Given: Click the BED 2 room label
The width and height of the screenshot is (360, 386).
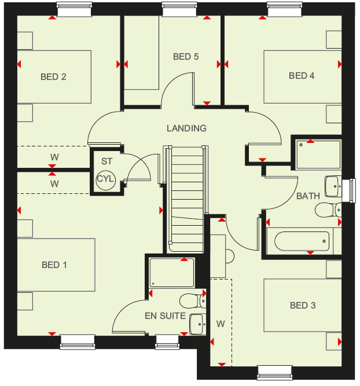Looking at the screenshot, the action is (53, 77).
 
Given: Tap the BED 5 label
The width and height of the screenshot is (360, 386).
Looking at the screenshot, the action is (186, 57).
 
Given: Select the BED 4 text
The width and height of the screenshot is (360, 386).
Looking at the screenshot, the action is (302, 76).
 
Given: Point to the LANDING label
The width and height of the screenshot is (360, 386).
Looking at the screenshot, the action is (186, 128).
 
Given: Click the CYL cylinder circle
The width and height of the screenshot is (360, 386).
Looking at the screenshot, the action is (105, 179).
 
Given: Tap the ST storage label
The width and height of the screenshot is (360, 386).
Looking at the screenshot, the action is (106, 161).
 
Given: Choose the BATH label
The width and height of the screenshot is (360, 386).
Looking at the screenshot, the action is (308, 196).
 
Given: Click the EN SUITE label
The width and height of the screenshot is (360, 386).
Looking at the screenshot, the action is (165, 316).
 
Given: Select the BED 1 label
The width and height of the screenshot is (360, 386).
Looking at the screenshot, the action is (54, 265).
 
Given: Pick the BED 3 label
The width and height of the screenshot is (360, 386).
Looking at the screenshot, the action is (303, 306).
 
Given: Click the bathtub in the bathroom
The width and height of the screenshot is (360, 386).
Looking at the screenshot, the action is (302, 241).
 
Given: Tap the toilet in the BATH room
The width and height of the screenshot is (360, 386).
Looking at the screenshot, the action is (328, 210).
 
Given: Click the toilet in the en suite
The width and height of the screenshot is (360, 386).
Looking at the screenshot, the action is (193, 301).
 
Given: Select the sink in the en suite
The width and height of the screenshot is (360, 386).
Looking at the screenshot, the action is (198, 324).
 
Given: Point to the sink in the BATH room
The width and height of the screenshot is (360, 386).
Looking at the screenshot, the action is (333, 186).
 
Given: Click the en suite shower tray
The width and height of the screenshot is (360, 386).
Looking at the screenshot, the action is (172, 273).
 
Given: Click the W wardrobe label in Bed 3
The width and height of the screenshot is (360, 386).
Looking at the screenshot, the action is (221, 324).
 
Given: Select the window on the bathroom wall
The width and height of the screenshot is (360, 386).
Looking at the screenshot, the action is (349, 191).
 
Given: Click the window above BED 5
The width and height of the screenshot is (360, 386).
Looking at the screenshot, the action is (179, 9).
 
